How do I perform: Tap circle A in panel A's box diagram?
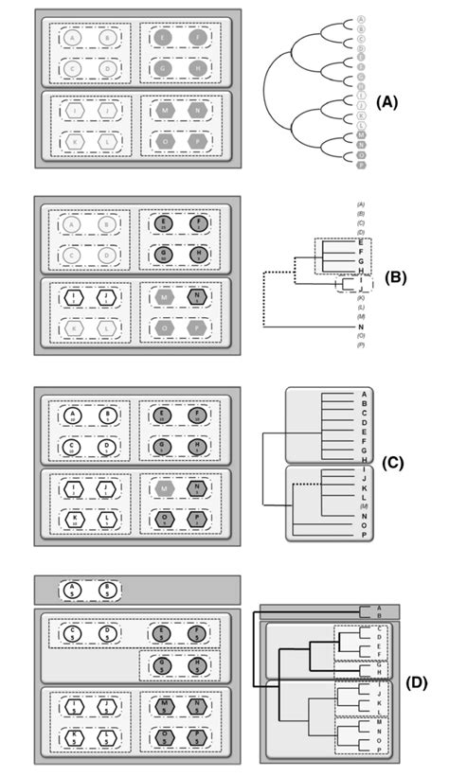74,38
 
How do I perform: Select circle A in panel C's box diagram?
74,415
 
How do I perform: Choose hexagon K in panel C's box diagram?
74,521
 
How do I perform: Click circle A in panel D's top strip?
74,591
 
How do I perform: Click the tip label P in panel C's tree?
364,535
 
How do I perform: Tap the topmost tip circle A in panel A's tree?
360,20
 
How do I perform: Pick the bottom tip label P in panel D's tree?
379,750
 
